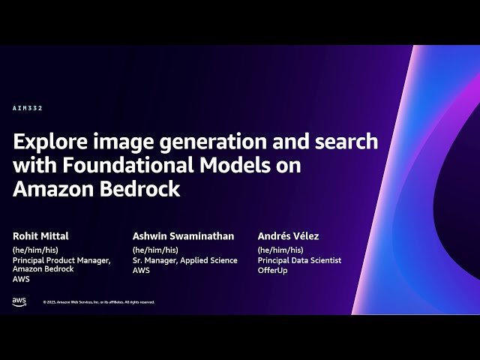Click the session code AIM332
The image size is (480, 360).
coord(28,108)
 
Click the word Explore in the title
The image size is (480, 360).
coord(49,141)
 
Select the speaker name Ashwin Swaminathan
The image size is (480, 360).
coord(183,235)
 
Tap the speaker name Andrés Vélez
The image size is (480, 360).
coord(288,235)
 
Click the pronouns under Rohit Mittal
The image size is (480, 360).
coord(35,250)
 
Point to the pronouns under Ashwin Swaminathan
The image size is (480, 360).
coord(155,250)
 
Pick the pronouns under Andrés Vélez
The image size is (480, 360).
coord(280,250)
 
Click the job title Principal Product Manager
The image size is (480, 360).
coord(61,260)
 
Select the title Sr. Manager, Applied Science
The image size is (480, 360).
coord(184,260)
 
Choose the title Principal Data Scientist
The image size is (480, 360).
coord(299,260)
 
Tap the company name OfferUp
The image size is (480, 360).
coord(273,270)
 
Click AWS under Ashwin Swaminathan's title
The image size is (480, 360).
coord(141,270)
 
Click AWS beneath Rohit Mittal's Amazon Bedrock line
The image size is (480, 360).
coord(20,279)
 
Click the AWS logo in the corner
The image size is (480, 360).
coord(19,301)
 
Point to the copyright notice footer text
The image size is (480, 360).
coord(98,302)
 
